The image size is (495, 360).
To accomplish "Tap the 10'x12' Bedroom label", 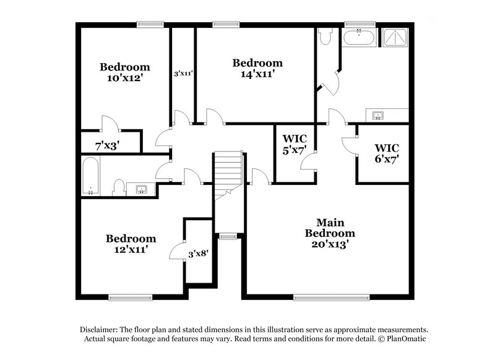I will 124,72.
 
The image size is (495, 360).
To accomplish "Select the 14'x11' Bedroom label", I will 257,68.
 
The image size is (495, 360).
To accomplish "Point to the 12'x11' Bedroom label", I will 130,243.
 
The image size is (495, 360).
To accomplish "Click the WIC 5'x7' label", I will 295,143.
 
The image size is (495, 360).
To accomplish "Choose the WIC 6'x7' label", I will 387,153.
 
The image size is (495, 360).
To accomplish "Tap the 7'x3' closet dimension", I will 107,146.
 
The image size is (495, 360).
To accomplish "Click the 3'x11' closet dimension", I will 183,73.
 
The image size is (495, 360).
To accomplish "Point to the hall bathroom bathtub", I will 91,176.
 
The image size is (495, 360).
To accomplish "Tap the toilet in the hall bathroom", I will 118,187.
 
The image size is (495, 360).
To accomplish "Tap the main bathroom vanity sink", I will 379,115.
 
